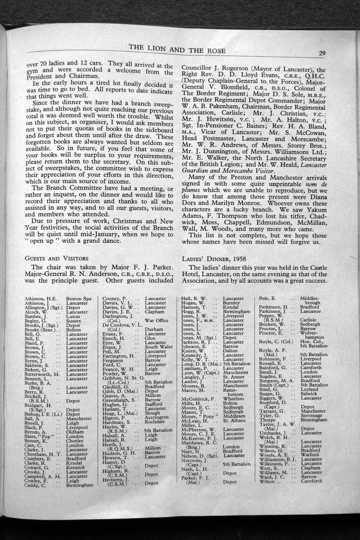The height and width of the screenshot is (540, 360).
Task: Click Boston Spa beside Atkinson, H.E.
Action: point(79,298)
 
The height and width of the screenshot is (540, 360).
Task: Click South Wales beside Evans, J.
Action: point(159,347)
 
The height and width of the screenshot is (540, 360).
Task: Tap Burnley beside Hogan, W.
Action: point(231,303)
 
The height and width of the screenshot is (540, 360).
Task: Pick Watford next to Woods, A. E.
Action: point(309,455)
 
